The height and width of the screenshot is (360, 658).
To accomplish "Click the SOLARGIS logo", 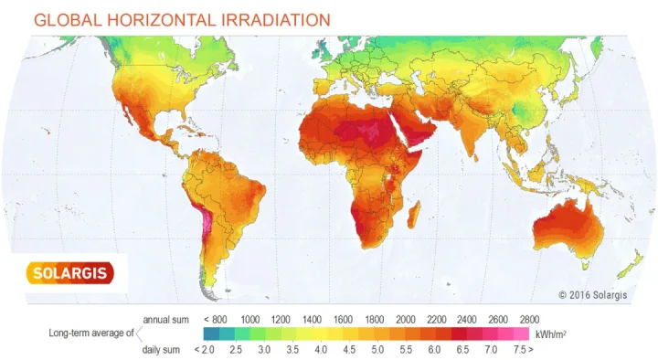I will click(68, 272).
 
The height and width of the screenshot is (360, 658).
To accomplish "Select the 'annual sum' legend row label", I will click(166, 320).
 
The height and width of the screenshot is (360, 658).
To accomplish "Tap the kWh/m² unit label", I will click(549, 334).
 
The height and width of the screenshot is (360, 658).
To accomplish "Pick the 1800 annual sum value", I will click(374, 320).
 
